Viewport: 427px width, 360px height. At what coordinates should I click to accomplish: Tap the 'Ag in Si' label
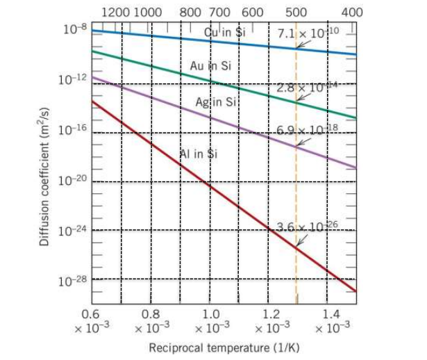pyautogui.click(x=216, y=101)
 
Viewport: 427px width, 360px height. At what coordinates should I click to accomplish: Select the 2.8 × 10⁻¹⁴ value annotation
pyautogui.click(x=306, y=88)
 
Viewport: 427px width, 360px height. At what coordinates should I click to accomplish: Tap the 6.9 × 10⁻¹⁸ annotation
pyautogui.click(x=306, y=130)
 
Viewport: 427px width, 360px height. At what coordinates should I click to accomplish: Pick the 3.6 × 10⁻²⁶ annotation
pyautogui.click(x=306, y=228)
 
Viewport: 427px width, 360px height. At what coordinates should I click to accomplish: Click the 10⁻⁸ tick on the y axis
pyautogui.click(x=75, y=29)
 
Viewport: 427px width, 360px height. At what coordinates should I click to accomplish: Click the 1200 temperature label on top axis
pyautogui.click(x=115, y=12)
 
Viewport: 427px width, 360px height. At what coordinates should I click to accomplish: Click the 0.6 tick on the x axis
pyautogui.click(x=91, y=319)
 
